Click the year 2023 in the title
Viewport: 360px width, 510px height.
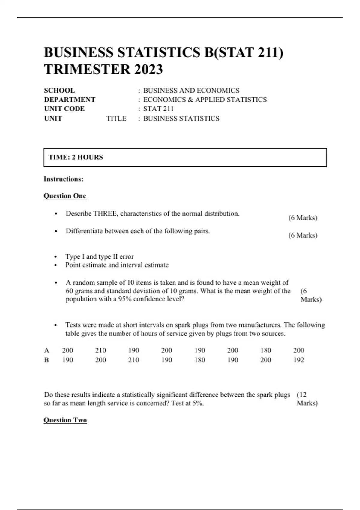(x=148, y=70)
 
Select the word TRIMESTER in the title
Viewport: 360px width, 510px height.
(x=87, y=70)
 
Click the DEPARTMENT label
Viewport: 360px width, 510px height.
(x=70, y=100)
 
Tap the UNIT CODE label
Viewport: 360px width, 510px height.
(x=64, y=109)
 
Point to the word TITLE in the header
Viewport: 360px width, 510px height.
(x=116, y=118)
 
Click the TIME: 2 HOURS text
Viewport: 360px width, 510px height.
(x=76, y=157)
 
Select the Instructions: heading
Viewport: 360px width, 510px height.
(x=64, y=179)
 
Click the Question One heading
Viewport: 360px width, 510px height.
(x=65, y=196)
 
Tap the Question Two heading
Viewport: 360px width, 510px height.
(x=65, y=420)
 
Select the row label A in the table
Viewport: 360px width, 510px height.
(x=46, y=350)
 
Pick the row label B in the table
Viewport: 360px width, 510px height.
(x=46, y=360)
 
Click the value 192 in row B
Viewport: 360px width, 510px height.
(x=298, y=360)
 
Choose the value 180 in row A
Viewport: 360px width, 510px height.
(x=265, y=350)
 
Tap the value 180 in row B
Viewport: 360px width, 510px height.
(x=199, y=360)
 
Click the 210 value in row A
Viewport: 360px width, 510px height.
(x=100, y=350)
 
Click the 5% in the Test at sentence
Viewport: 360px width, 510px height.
(x=198, y=403)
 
